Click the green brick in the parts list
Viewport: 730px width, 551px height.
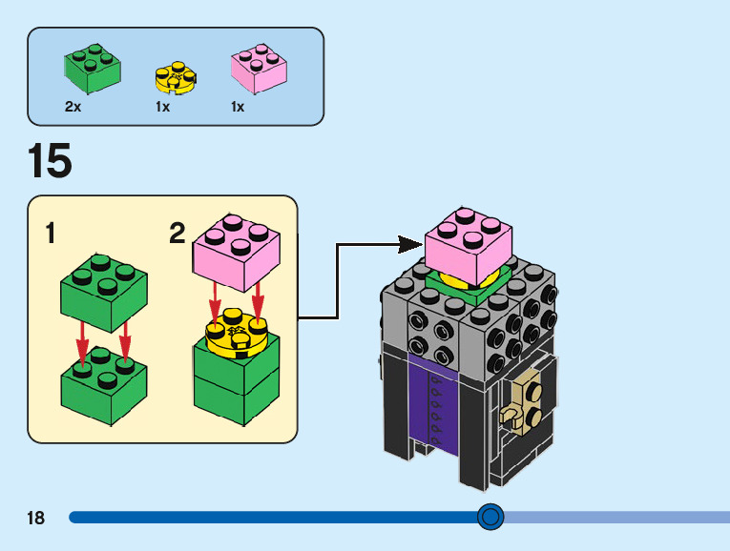click(93, 69)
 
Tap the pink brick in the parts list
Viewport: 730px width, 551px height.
click(259, 71)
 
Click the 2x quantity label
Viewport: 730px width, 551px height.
click(73, 108)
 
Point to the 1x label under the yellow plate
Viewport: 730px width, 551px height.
click(162, 108)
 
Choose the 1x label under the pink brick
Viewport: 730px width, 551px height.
click(238, 108)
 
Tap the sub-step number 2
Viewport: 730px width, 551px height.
click(177, 234)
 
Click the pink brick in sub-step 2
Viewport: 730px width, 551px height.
click(237, 249)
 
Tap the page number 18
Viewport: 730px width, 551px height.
click(36, 519)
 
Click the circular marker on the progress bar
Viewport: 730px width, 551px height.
click(490, 517)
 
